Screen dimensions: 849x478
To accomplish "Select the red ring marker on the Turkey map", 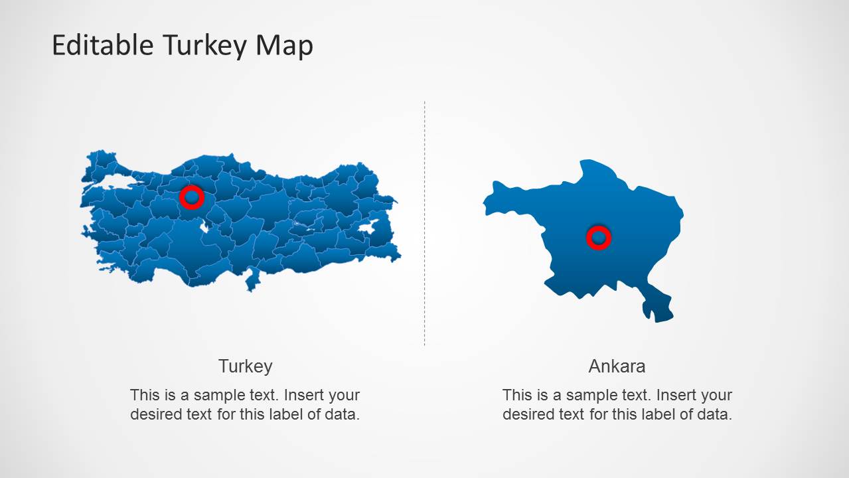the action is (192, 197).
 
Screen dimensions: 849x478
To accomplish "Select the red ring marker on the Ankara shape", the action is (598, 237).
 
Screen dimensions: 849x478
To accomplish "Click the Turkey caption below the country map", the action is (245, 366).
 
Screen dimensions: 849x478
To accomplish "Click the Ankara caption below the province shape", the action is (617, 366).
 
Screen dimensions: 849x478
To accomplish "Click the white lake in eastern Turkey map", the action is (366, 228).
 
